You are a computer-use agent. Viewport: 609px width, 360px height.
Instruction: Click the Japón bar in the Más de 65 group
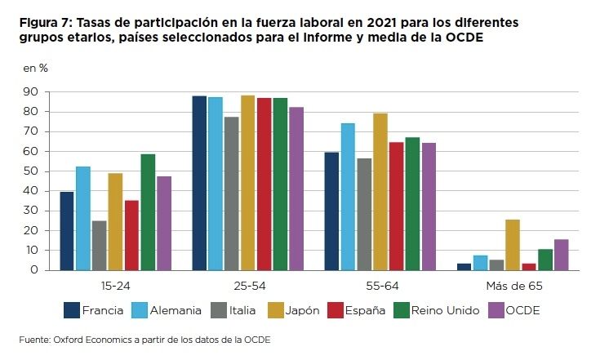512,245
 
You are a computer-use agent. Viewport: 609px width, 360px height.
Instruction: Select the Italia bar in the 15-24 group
99,245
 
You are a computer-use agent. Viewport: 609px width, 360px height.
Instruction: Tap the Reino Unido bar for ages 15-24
148,212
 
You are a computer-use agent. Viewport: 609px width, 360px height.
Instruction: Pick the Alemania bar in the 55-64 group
347,197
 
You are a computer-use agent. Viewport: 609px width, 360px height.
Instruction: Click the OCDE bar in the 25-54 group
296,189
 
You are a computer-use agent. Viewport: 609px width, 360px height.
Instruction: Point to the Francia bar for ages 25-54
199,183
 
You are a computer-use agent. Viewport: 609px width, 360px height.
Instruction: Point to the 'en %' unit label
35,68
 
